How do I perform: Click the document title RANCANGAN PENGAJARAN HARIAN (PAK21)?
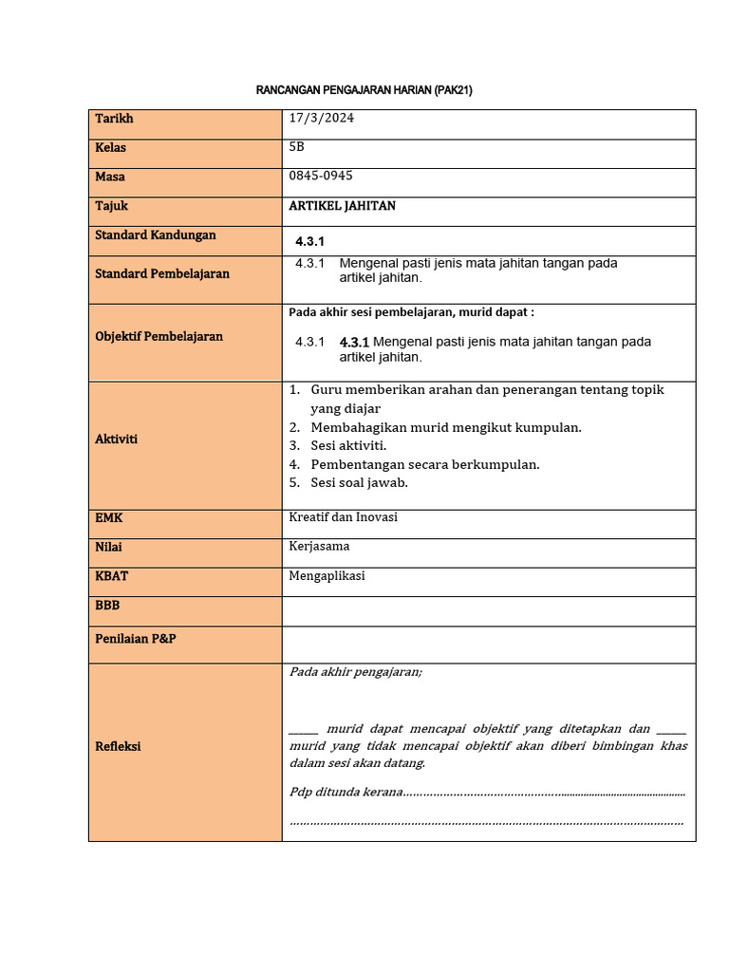pyautogui.click(x=364, y=90)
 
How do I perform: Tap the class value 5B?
pyautogui.click(x=297, y=147)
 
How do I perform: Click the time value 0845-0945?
pyautogui.click(x=321, y=176)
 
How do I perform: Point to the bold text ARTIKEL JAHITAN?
pyautogui.click(x=342, y=205)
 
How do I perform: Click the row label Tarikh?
pyautogui.click(x=114, y=119)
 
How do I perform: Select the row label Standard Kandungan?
pyautogui.click(x=156, y=234)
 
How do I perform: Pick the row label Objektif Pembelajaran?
pyautogui.click(x=159, y=336)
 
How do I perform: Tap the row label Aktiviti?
pyautogui.click(x=116, y=439)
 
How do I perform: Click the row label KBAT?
pyautogui.click(x=111, y=576)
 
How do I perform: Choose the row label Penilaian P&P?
pyautogui.click(x=136, y=639)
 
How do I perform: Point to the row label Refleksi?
pyautogui.click(x=118, y=746)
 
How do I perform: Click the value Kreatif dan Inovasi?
pyautogui.click(x=343, y=517)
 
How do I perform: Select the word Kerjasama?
pyautogui.click(x=319, y=546)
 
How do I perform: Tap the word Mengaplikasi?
pyautogui.click(x=327, y=575)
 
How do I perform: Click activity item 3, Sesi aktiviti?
pyautogui.click(x=347, y=445)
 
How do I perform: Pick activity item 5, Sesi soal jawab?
pyautogui.click(x=359, y=482)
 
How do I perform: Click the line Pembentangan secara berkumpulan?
pyautogui.click(x=424, y=464)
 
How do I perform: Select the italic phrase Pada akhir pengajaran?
pyautogui.click(x=356, y=671)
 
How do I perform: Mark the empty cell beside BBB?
pyautogui.click(x=488, y=610)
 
